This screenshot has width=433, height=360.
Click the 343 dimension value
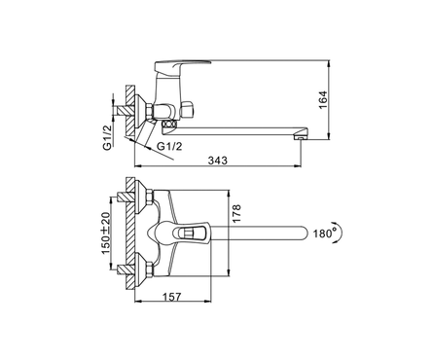coord(218,161)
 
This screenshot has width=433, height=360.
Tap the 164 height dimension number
coord(323,100)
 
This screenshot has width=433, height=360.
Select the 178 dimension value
coord(236,213)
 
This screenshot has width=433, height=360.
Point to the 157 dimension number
coord(171,297)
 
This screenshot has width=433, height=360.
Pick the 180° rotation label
coord(325,233)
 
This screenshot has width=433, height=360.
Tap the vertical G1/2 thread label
coord(107,136)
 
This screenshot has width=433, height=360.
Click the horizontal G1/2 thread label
coord(169,146)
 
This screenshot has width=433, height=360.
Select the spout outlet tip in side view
coord(300,137)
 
